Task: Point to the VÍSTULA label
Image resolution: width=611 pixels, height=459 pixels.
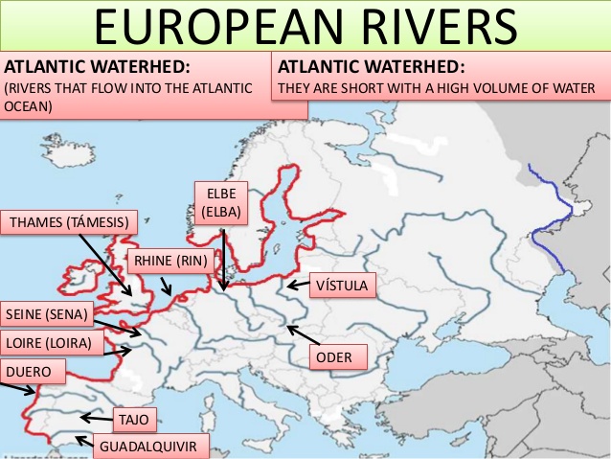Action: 341,286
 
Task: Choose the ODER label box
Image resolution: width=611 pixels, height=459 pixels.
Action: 339,357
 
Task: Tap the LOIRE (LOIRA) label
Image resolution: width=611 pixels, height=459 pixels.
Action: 49,342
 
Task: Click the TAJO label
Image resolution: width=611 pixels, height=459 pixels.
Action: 130,420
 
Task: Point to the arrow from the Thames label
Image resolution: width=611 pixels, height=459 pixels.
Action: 104,264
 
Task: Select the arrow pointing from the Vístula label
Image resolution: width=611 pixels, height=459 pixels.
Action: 297,285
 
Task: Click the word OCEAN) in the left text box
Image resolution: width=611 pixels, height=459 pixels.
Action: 30,106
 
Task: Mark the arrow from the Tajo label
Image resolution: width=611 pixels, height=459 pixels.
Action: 95,418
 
